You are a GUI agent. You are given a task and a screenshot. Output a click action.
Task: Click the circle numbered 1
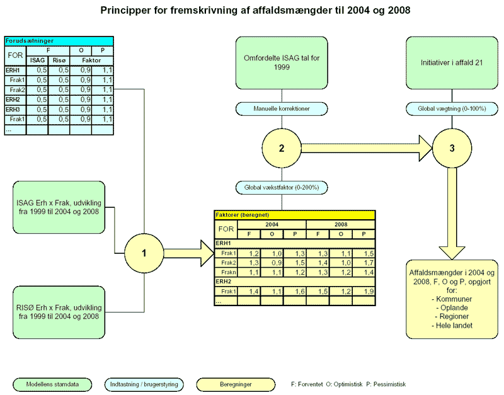tap(144, 253)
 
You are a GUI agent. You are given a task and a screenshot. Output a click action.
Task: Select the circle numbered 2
tap(281, 148)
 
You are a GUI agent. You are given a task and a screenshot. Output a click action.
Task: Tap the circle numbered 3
tap(451, 148)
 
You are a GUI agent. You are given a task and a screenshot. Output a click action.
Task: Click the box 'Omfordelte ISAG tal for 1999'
tap(281, 62)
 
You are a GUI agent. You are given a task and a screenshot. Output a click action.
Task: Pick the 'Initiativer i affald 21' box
tap(451, 62)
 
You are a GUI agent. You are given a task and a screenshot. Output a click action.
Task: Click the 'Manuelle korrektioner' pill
tap(281, 109)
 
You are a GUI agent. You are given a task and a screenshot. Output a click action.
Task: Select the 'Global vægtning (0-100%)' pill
tap(451, 109)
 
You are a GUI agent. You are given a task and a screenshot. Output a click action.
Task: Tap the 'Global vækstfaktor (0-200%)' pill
tap(281, 187)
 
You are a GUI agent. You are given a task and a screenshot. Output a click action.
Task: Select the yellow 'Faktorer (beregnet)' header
tap(295, 215)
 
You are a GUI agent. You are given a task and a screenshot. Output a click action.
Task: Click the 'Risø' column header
tap(59, 61)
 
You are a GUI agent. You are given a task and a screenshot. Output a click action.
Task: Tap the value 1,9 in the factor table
tap(364, 292)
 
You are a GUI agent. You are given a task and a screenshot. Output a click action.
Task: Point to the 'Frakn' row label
tap(227, 272)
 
